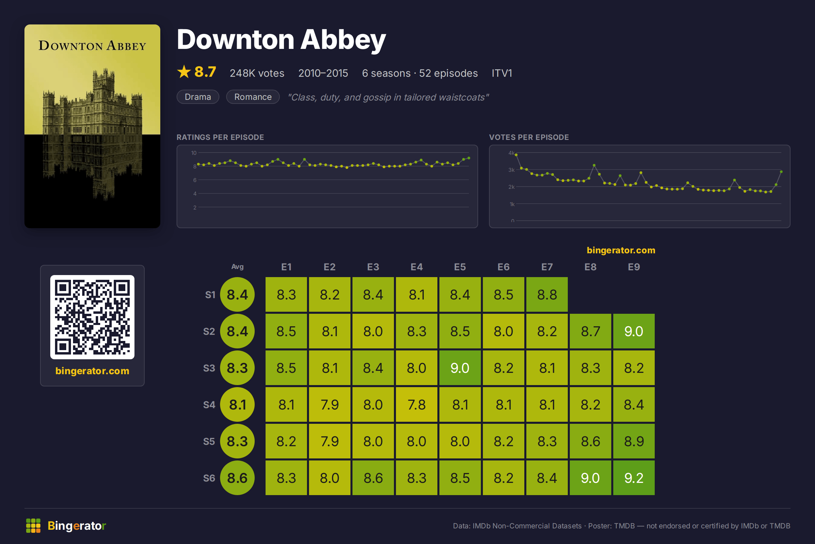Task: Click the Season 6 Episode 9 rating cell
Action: (634, 477)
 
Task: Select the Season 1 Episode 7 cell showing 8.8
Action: (547, 294)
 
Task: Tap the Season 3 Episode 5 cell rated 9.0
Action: (460, 367)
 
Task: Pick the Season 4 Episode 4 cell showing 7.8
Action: (416, 404)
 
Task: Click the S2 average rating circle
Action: (237, 331)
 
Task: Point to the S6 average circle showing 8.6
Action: (237, 477)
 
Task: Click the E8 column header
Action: (590, 267)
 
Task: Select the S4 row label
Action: (209, 404)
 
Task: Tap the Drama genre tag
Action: (198, 97)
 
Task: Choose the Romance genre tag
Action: (253, 97)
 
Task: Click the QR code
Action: (92, 317)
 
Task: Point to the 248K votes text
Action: (257, 73)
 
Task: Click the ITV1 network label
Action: (502, 73)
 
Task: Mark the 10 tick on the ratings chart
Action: (194, 153)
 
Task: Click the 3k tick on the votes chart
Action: (511, 170)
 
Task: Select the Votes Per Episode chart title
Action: (529, 137)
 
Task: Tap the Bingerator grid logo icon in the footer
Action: (33, 526)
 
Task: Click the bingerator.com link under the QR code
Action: (92, 371)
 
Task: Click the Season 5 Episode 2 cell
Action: (330, 441)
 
